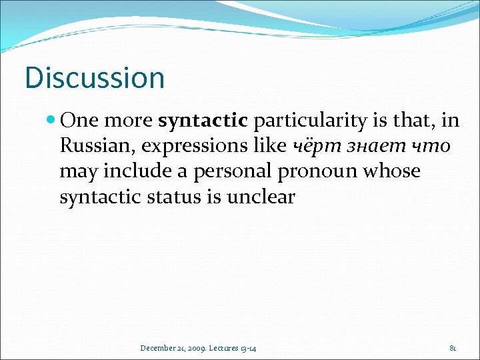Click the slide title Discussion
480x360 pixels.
click(94, 77)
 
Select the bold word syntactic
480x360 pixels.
click(203, 121)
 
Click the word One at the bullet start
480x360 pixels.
click(79, 121)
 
